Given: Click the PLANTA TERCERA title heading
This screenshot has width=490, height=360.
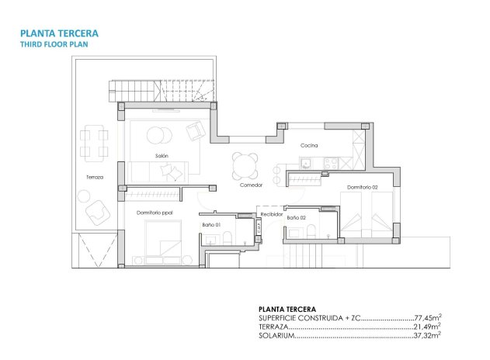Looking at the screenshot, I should coord(60,33).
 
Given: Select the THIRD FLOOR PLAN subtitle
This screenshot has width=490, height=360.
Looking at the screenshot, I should coord(54,45).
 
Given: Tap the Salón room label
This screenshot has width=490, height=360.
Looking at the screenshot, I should coord(162,156).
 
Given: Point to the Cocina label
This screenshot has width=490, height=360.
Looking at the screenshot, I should coord(310,145).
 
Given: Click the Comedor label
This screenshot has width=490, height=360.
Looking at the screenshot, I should coord(251,185).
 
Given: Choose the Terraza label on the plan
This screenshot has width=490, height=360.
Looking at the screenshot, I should coord(95,178).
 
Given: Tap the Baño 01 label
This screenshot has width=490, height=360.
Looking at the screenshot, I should coord(212,224).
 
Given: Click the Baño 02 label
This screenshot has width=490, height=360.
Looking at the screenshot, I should coord(297,218).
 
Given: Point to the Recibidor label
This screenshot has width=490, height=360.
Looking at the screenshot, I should coord(271,213).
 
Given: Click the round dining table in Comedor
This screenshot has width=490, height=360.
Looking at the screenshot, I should coord(246,164).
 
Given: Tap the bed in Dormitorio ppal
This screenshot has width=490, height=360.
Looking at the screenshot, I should coord(163,241).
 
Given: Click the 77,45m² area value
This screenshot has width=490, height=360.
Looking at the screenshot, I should coord(427,318).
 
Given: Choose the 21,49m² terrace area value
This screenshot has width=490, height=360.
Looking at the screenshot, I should coord(427,327).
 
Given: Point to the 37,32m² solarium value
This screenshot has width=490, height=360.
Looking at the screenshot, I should coord(427,336).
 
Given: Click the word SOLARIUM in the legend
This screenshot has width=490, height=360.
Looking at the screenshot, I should coord(276,336).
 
